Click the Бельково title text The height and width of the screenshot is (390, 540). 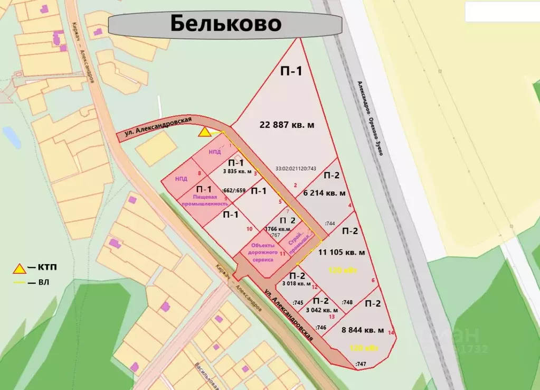point(225,24)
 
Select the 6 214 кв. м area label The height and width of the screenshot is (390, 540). point(325,194)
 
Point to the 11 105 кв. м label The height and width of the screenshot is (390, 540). point(340,252)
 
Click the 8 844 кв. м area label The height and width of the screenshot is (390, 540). point(363,330)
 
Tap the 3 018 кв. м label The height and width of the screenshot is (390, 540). point(297,283)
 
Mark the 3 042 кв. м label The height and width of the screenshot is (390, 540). point(322,310)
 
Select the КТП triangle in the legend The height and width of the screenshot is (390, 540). point(20,268)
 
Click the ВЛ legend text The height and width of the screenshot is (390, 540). point(43,283)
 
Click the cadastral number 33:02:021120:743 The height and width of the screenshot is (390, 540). point(296,169)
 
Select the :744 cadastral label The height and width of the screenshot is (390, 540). point(330,224)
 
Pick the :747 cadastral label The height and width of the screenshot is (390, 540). point(361,364)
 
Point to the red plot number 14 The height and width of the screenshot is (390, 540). point(391,333)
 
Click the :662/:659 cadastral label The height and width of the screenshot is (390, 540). point(235,190)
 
